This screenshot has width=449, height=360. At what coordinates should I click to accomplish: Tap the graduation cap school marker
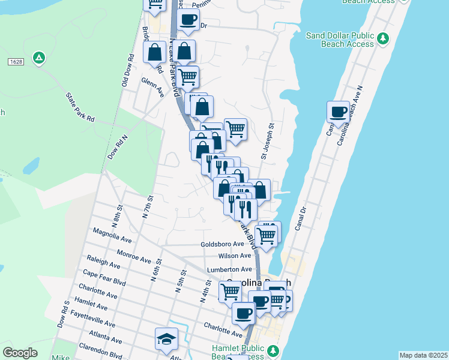coord(166,339)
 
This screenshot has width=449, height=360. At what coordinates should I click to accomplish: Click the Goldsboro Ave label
coord(222,244)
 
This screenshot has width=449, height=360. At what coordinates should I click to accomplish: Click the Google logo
coord(20,353)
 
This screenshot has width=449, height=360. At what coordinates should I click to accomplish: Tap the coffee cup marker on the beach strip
coord(339,112)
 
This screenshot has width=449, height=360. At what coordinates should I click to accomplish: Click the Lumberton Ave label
coord(229,269)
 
